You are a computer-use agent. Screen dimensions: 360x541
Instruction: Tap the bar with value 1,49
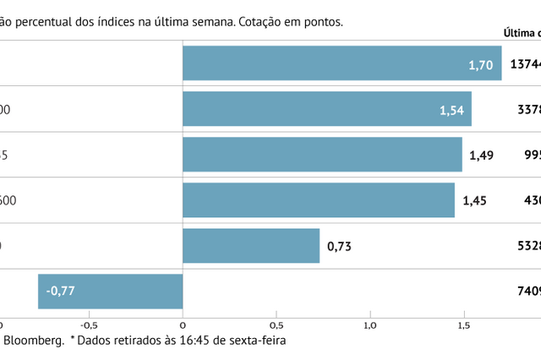pos(321,155)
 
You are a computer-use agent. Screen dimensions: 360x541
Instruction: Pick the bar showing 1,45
pos(318,200)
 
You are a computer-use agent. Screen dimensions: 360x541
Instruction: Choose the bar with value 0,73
pos(251,246)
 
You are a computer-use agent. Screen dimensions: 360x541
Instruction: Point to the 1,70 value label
pos(480,64)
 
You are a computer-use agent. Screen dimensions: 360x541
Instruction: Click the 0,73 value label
pos(340,246)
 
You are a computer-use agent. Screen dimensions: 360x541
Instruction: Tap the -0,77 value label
pos(61,292)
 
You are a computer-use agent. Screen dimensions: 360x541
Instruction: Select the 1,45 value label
pos(476,200)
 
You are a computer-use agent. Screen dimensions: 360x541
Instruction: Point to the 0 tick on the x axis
pos(183,324)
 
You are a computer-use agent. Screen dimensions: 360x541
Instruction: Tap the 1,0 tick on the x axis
pos(370,324)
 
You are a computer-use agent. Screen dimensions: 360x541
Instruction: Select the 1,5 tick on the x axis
pos(464,324)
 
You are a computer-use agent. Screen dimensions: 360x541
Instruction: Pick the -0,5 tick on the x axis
pos(89,324)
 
